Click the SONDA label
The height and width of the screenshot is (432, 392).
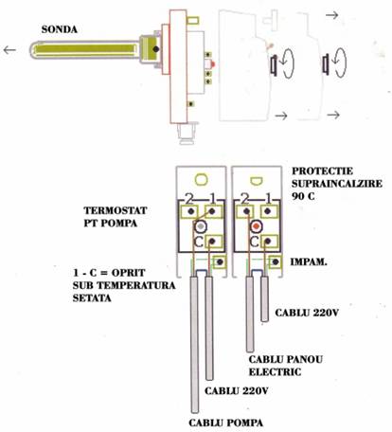coord(60,29)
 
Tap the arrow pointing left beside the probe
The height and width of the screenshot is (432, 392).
coord(9,50)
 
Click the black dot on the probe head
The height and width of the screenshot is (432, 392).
coord(156,49)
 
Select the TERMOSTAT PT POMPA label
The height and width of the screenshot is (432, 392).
coord(116,217)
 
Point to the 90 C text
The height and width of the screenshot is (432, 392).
coord(303,196)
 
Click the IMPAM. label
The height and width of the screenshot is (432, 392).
coord(309,261)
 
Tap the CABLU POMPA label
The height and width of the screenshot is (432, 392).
coord(226,423)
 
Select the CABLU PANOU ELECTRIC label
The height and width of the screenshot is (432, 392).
coord(286,366)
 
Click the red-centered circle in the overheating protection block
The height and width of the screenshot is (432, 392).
coord(257,226)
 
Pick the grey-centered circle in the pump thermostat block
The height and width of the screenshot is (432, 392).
coord(200,226)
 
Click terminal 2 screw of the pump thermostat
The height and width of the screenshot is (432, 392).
coord(189,211)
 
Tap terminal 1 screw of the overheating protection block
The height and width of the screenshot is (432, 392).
coord(268,211)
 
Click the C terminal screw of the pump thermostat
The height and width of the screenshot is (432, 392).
coord(212,242)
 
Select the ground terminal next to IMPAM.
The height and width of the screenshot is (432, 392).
coord(276,261)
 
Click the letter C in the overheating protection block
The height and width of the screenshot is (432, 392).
coord(254,242)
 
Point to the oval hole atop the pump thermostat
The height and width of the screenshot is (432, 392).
coord(201,180)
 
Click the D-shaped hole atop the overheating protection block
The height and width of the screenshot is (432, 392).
coord(257,181)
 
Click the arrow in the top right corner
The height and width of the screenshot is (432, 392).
coord(331,15)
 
